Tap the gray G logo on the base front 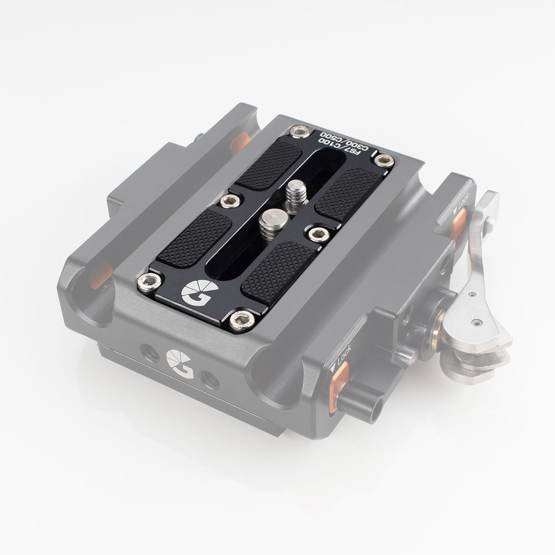pyautogui.click(x=176, y=361)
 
